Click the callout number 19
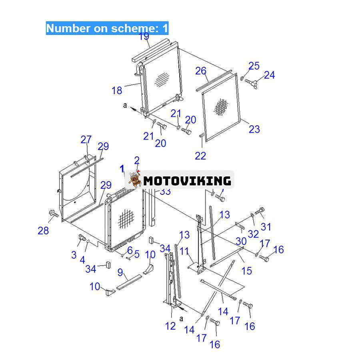coord(144,36)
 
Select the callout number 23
coord(254,129)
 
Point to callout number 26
coord(201,71)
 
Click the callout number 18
coord(117,90)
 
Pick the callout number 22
coord(200,156)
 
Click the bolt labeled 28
coord(54,214)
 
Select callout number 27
coord(86,140)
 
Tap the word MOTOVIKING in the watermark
coord(187,181)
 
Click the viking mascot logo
coord(135,180)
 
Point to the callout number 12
coord(170,326)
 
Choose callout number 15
coord(247,271)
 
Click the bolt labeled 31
coord(260,211)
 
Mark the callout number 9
coord(120,272)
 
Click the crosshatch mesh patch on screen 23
coord(221,107)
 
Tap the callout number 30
coord(241,241)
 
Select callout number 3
coord(74,255)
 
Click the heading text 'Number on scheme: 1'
coord(107,28)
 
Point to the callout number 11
coord(184,252)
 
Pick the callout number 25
coord(254,66)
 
